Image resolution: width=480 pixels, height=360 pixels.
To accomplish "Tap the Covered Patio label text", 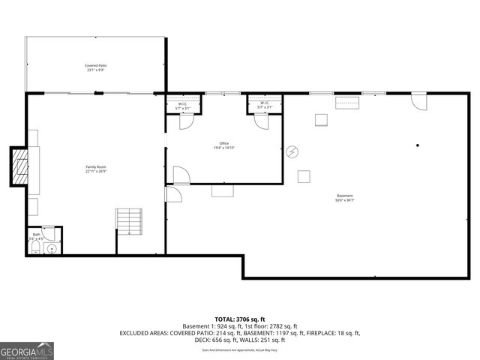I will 96,67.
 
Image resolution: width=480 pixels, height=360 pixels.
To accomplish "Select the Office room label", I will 223,145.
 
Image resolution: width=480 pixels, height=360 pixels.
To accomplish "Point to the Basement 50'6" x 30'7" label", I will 345,198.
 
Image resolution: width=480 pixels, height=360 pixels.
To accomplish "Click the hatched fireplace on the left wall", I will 18,166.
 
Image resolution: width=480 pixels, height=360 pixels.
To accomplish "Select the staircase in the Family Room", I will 128,221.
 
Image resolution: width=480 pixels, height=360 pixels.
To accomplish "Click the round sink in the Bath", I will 51,248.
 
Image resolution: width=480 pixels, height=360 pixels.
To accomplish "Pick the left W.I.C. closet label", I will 182,106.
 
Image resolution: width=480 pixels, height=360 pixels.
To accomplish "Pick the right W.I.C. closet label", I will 265,105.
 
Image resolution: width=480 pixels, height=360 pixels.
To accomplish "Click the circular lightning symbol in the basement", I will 293,151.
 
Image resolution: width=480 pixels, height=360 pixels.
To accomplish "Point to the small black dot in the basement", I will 418,145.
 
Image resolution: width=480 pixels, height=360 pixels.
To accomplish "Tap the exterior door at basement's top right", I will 418,100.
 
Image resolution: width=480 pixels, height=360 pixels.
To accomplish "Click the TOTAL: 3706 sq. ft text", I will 240,319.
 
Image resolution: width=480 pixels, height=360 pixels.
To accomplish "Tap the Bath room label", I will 36,235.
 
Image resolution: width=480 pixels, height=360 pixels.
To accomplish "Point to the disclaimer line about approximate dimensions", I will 240,350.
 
